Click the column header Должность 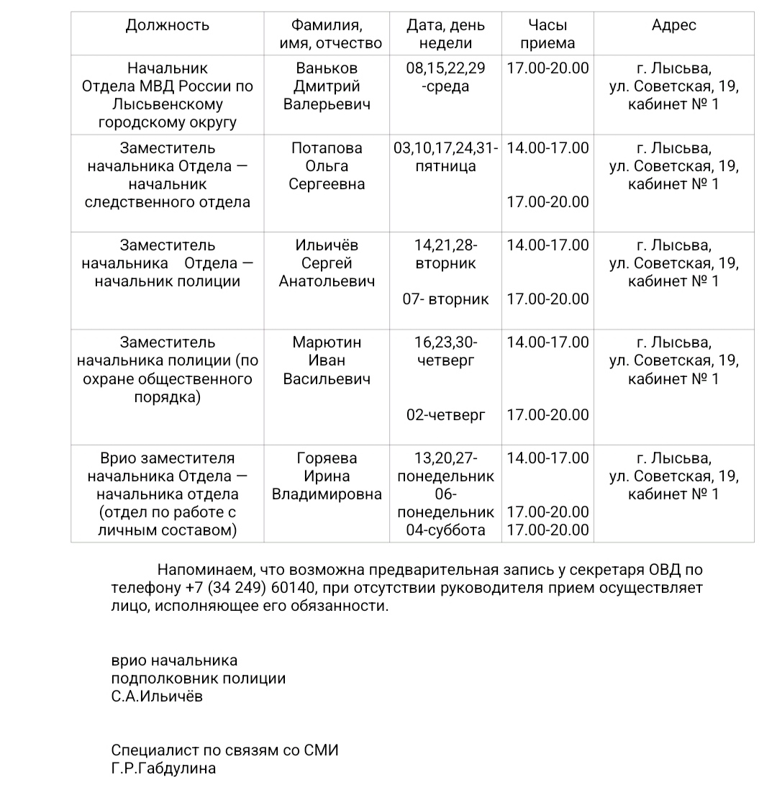point(168,25)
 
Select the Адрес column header point(674,25)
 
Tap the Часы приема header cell point(547,34)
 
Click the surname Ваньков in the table point(327,68)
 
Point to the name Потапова point(327,148)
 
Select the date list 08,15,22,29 point(446,68)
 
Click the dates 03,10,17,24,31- point(446,148)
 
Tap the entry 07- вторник point(446,299)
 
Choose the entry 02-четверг point(446,415)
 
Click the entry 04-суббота point(446,530)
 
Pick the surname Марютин point(327,342)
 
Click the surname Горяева point(327,458)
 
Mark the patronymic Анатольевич point(327,281)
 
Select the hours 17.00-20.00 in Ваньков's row point(547,68)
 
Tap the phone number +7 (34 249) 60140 point(251,588)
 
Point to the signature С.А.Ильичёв point(157,696)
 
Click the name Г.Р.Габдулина point(163,768)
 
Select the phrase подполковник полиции point(199,678)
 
